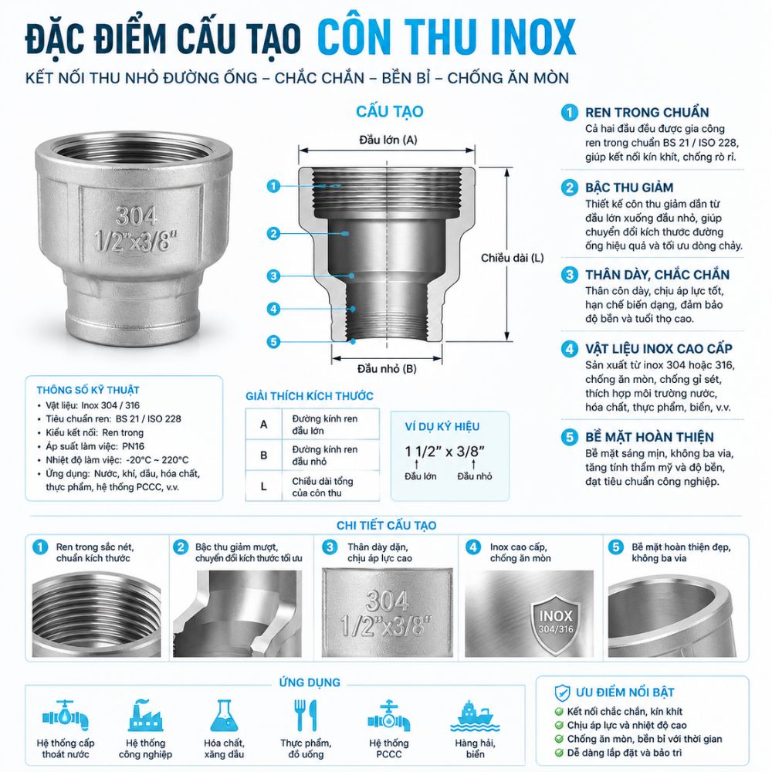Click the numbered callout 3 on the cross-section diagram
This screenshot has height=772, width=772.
(x=273, y=276)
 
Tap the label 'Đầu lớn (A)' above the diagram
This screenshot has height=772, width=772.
(x=388, y=140)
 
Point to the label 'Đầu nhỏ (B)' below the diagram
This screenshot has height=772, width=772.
(x=387, y=369)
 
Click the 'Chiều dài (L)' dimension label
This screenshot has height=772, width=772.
(x=512, y=258)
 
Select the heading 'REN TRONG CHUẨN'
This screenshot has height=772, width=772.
(x=647, y=112)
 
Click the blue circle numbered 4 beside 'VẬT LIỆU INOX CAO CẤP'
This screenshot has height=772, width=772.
(x=569, y=349)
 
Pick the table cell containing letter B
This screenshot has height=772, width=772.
(x=264, y=455)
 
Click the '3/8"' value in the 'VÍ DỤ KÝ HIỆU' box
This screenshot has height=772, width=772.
(x=471, y=452)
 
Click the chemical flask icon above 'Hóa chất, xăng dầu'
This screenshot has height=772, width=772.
(x=224, y=716)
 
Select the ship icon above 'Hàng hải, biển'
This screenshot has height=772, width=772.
(x=475, y=716)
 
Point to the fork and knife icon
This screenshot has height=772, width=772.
(x=305, y=716)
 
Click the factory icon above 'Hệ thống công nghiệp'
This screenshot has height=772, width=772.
(x=145, y=716)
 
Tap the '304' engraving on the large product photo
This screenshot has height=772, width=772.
(x=137, y=215)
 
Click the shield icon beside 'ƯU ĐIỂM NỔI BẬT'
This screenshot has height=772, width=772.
(x=562, y=692)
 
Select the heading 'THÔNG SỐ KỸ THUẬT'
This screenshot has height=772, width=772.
(x=88, y=390)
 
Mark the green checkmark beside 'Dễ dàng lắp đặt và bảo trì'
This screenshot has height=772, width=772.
(x=559, y=753)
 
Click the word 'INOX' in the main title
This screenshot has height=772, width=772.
(x=533, y=37)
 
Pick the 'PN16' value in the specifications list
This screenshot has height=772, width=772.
(x=133, y=446)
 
